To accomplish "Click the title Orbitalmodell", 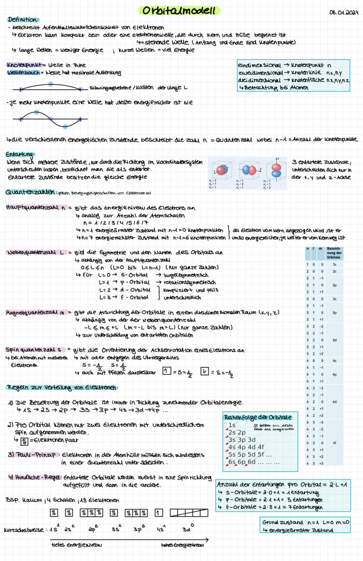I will point(179,11).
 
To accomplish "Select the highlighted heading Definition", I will point(23,20).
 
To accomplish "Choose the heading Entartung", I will point(21,154).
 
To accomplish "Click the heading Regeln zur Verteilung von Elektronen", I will point(62,387).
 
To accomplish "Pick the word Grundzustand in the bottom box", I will point(283,523).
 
